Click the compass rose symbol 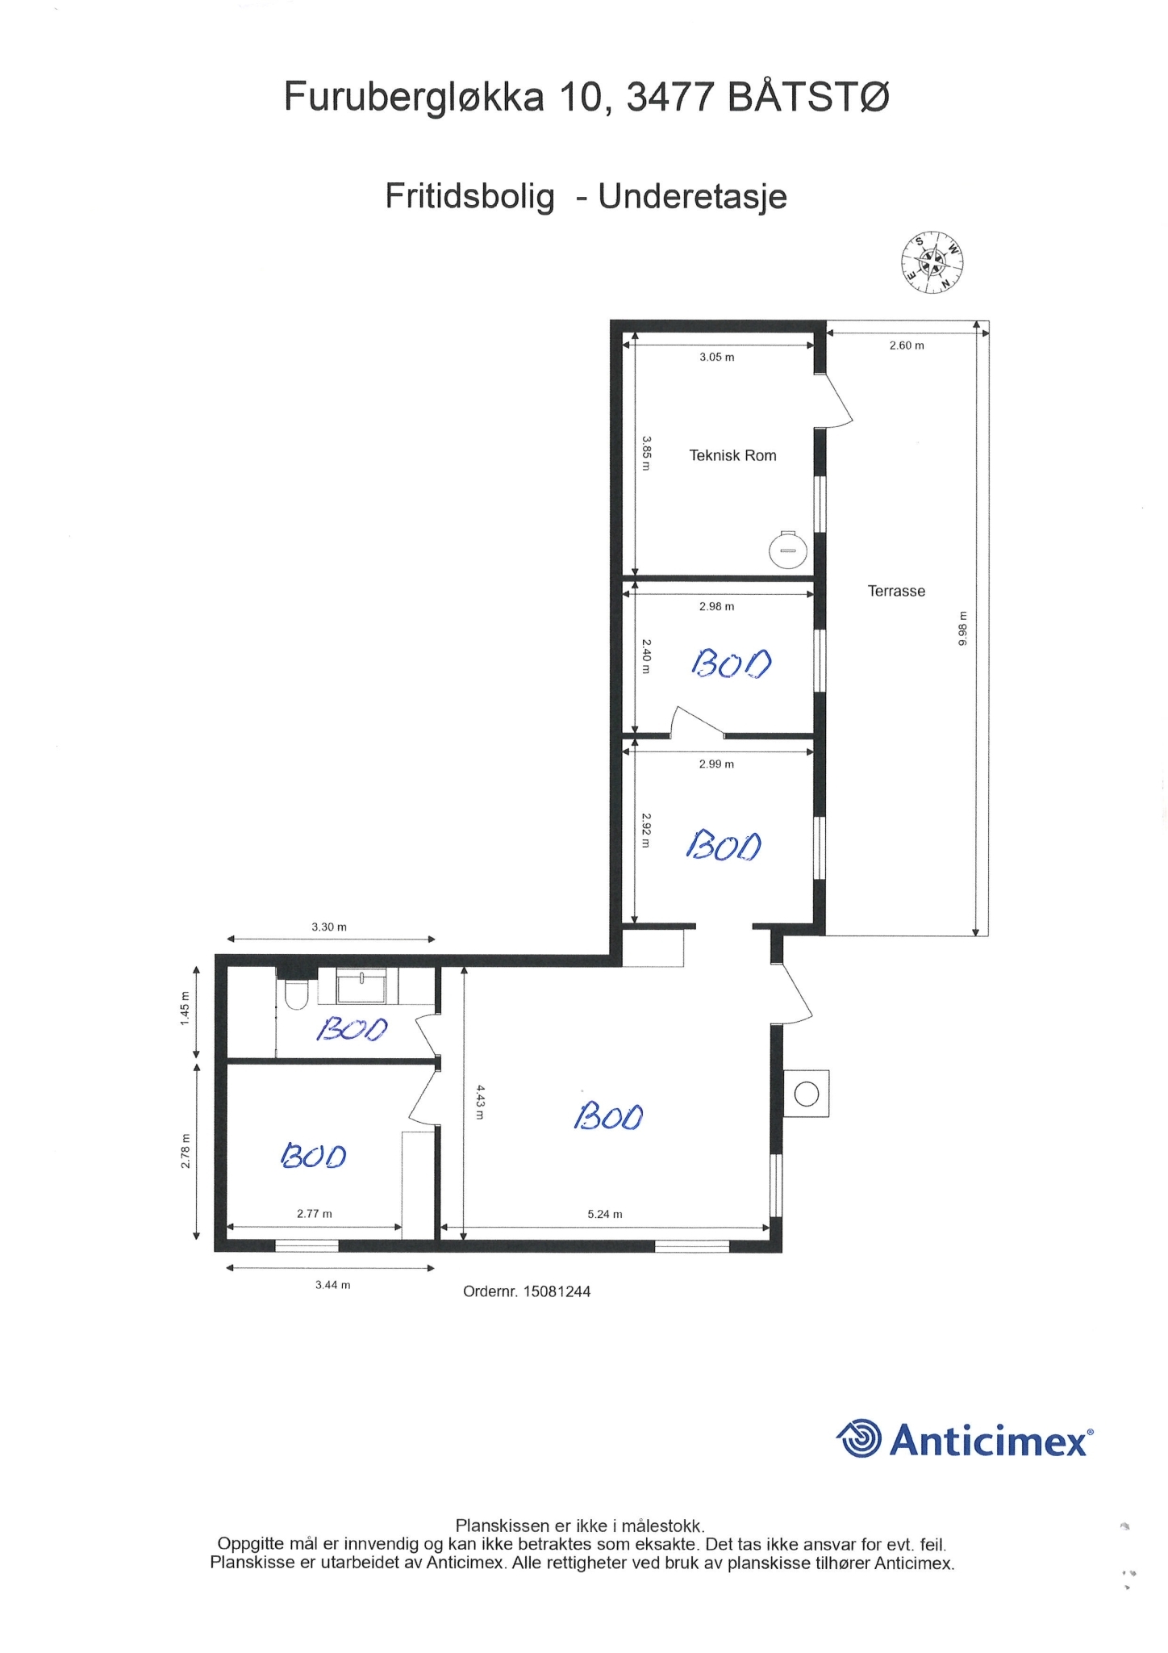(932, 262)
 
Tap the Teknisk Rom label (732, 455)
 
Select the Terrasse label (896, 591)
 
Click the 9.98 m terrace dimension (962, 628)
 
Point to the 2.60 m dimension (907, 345)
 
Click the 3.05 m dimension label (716, 357)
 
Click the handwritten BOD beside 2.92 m (724, 844)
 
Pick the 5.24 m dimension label (605, 1214)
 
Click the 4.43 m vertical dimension (480, 1102)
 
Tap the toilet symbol (295, 994)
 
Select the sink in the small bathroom (361, 987)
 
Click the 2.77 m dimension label (314, 1213)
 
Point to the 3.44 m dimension (332, 1284)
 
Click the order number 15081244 (557, 1291)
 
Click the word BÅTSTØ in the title (808, 98)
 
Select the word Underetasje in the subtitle (692, 196)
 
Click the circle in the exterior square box (807, 1094)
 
